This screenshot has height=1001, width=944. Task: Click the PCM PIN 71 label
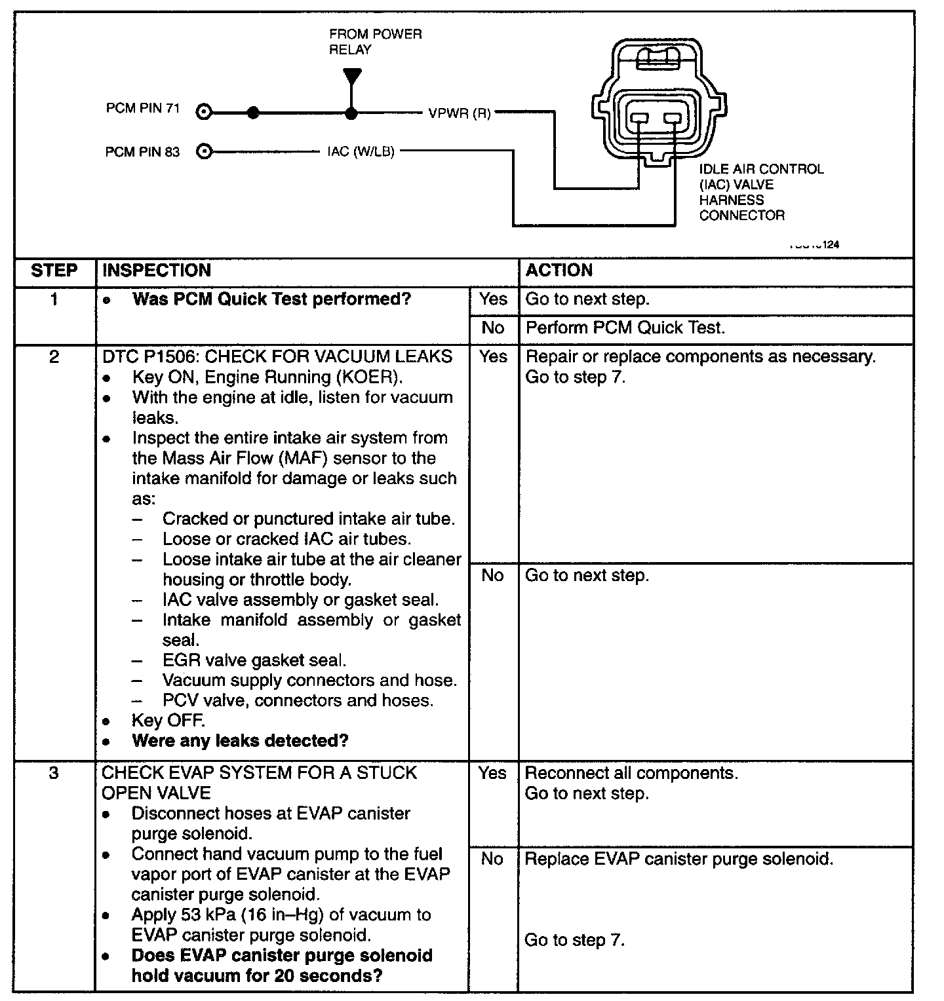(x=142, y=108)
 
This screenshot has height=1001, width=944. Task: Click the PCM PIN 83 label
(x=142, y=152)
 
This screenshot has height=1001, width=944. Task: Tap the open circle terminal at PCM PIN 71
(x=204, y=112)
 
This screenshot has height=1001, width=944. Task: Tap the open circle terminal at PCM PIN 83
(x=204, y=152)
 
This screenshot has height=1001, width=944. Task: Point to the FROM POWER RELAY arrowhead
(x=352, y=77)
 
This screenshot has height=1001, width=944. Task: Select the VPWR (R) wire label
(x=459, y=113)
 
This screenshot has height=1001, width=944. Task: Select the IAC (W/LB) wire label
(x=361, y=152)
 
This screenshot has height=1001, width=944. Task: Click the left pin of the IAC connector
(x=639, y=119)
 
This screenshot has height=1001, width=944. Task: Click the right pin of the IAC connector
(x=673, y=119)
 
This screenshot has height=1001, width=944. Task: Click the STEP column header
(x=54, y=271)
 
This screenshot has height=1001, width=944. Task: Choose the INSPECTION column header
(x=157, y=271)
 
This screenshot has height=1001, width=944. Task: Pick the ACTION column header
(x=559, y=271)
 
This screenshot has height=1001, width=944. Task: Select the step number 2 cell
(x=54, y=357)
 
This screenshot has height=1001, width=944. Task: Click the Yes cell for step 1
(x=493, y=299)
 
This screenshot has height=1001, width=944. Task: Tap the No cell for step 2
(x=492, y=576)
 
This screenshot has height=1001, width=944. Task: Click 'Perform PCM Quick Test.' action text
(x=625, y=328)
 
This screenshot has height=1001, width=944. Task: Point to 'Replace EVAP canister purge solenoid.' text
(x=678, y=859)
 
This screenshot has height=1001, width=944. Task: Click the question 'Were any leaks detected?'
(x=240, y=741)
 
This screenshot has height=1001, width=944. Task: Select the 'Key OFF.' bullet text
(x=168, y=721)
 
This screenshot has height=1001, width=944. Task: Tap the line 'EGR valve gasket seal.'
(x=254, y=660)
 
